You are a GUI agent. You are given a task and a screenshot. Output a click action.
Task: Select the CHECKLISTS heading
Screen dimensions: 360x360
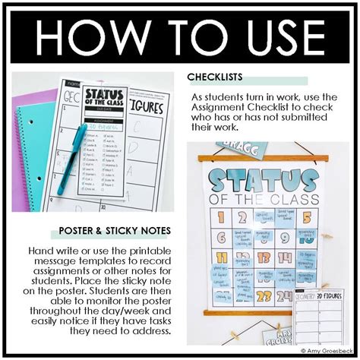coord(217,77)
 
